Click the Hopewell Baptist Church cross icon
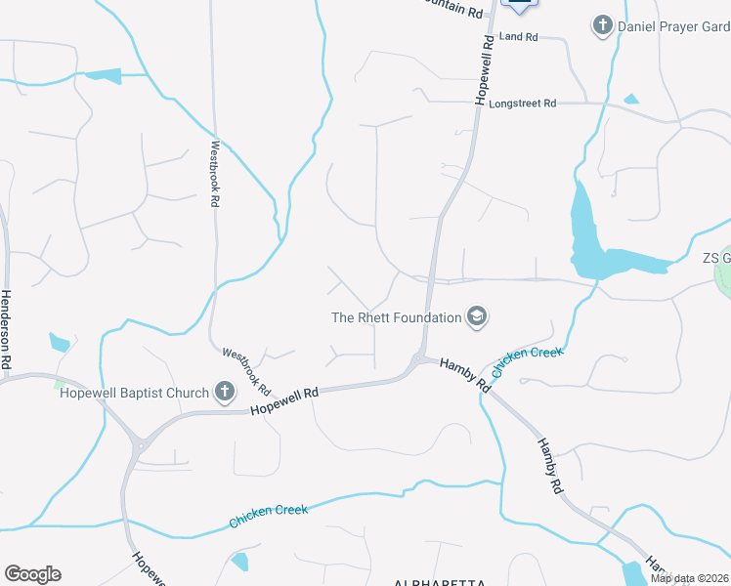point(224,393)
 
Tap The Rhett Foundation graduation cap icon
point(477,316)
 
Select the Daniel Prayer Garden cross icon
point(603,25)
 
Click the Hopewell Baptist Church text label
point(135,394)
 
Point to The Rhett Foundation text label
point(396,317)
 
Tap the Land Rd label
point(518,37)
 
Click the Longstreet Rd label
point(522,103)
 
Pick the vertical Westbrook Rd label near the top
point(214,173)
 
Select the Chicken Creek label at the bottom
point(268,516)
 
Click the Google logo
point(32,574)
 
